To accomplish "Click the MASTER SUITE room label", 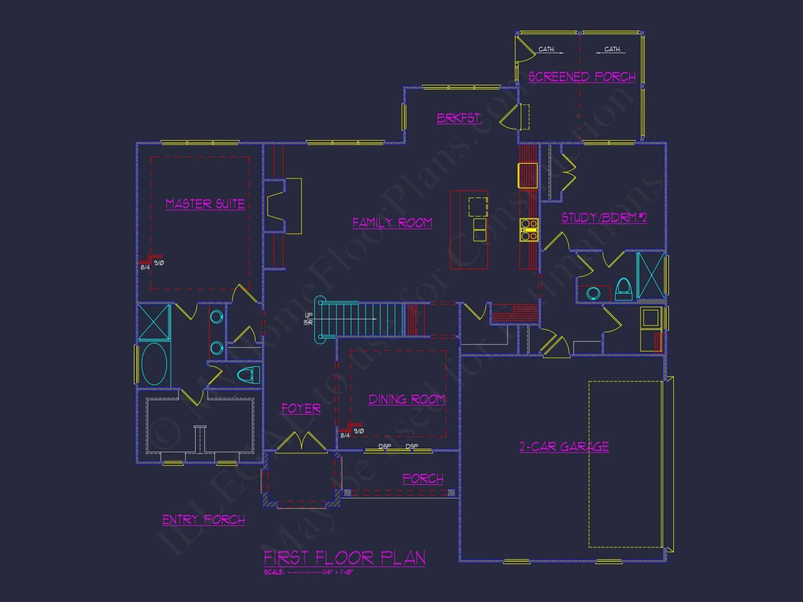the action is [x=205, y=204].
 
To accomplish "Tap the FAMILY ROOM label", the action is [x=392, y=223].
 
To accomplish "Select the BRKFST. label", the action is [x=459, y=118].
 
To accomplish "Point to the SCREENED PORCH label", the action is [x=581, y=77].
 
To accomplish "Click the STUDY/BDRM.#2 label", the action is [x=604, y=218].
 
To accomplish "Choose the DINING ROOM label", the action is [x=407, y=399].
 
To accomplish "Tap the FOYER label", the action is [x=301, y=409].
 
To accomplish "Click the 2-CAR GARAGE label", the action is [x=564, y=447].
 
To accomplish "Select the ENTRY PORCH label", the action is [x=204, y=520].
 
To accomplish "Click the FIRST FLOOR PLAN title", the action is [x=344, y=558].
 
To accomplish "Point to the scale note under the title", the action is [x=308, y=572].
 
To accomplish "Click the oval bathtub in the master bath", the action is [x=154, y=364].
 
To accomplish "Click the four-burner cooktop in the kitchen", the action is [x=529, y=230].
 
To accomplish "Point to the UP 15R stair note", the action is [x=308, y=319].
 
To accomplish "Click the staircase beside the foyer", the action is [x=361, y=319].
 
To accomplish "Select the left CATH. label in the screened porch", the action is [x=546, y=49].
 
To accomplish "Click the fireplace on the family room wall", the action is [x=283, y=206].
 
